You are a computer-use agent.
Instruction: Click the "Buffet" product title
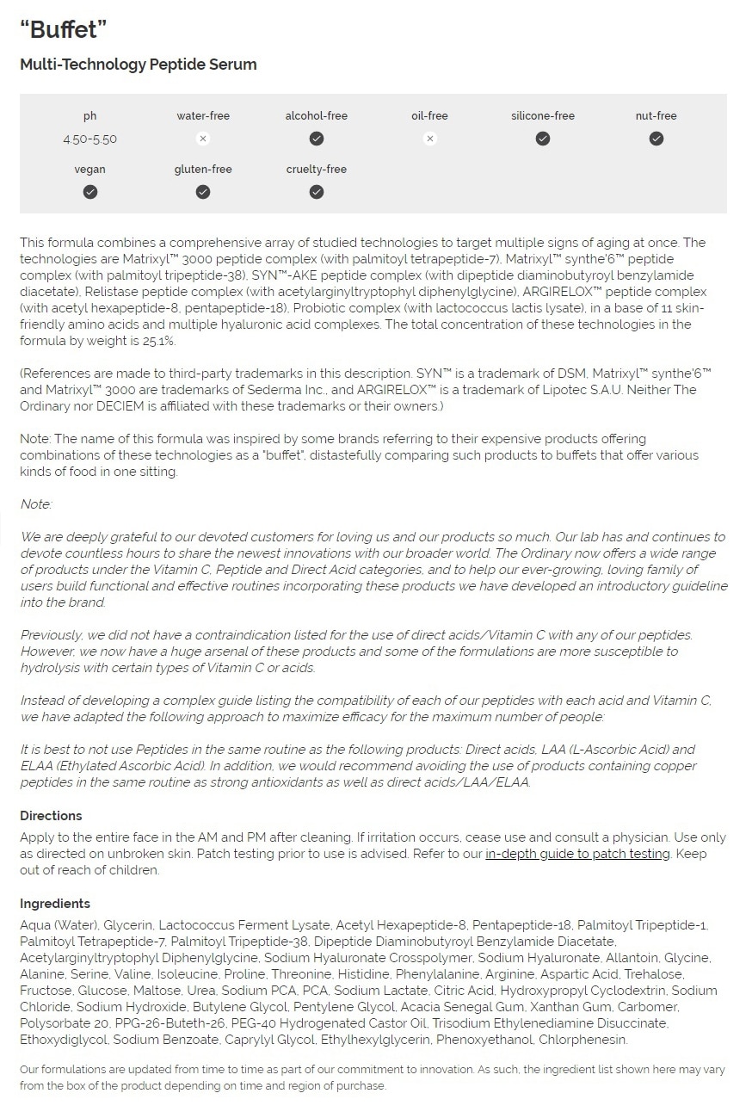[64, 29]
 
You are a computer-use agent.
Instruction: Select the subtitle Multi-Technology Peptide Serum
[139, 65]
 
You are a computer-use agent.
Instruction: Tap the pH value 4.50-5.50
[89, 139]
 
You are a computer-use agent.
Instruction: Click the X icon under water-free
[203, 139]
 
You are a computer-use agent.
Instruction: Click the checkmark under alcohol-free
[317, 139]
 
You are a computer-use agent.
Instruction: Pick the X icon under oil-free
[430, 139]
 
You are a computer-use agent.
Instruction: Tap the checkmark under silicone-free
[543, 139]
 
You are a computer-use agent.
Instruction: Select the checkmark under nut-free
[656, 139]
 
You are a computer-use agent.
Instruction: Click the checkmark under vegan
[89, 192]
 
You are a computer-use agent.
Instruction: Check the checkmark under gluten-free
[203, 192]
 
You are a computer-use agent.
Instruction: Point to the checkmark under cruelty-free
[317, 192]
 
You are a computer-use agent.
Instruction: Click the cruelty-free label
[317, 170]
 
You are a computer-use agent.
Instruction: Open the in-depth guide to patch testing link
[577, 854]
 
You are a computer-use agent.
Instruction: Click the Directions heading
[51, 816]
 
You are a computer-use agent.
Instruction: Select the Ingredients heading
[55, 904]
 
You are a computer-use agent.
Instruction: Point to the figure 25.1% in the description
[161, 341]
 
